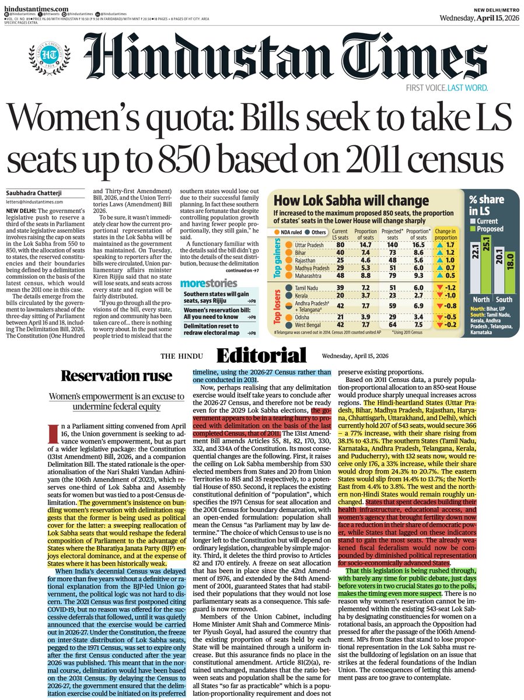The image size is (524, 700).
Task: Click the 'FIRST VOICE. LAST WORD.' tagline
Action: tap(448, 88)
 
